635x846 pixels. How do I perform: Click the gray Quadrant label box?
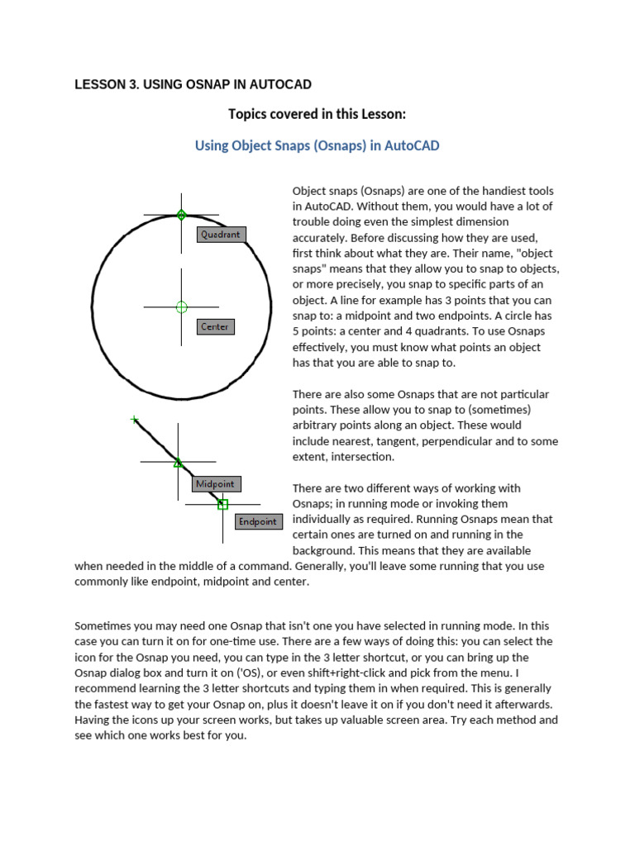(x=221, y=235)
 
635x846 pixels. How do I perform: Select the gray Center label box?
(x=215, y=327)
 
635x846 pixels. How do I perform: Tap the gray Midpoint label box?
(x=216, y=484)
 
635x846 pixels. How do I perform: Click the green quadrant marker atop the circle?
(x=182, y=215)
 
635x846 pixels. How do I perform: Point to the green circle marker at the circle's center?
(x=182, y=307)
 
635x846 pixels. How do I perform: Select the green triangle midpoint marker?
(x=178, y=463)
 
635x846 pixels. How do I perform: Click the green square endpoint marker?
(x=222, y=504)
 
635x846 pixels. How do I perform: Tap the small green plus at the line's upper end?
(x=135, y=420)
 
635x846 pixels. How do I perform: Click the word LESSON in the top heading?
(x=98, y=85)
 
